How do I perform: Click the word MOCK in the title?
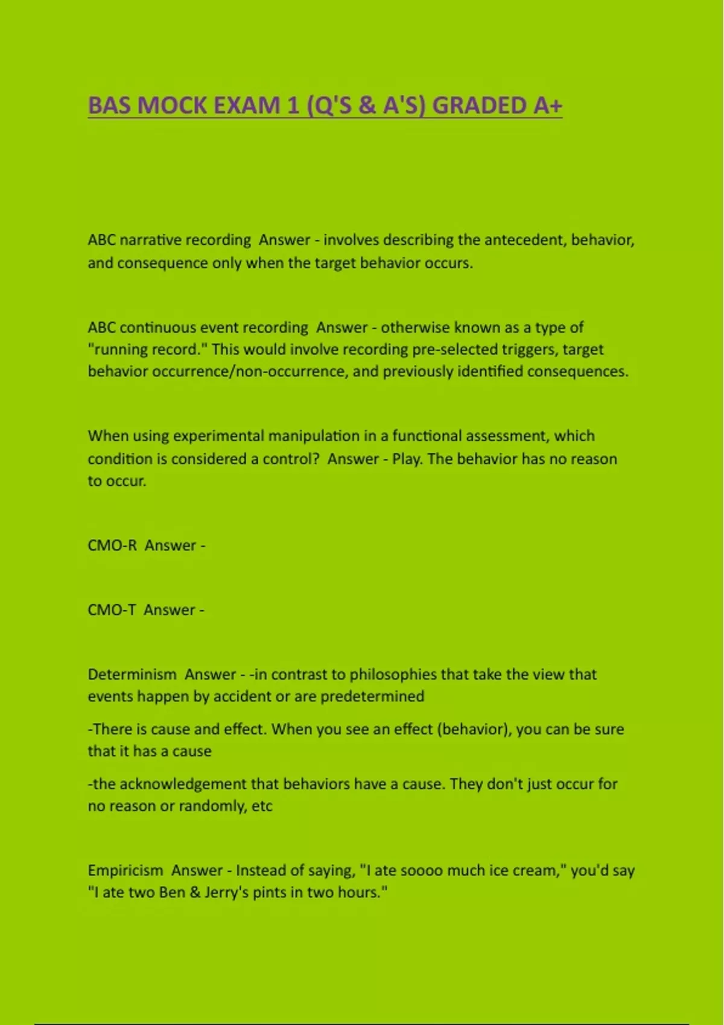click(x=173, y=106)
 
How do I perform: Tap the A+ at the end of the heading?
click(x=547, y=106)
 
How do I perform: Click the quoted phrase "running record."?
click(x=148, y=350)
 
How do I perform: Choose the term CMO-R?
click(x=112, y=546)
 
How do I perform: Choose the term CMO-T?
click(x=112, y=610)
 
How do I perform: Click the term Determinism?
click(x=132, y=675)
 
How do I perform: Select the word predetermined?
click(x=372, y=696)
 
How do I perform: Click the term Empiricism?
click(x=125, y=871)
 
